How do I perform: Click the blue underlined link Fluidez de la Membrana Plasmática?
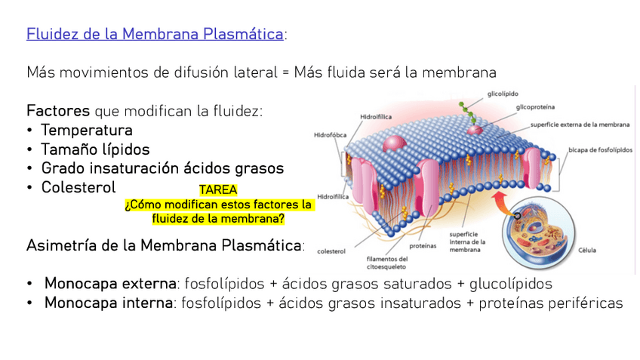click(x=155, y=34)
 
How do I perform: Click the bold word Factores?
click(x=58, y=111)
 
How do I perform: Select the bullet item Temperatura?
click(x=87, y=130)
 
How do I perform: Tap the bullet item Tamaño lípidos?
click(x=95, y=149)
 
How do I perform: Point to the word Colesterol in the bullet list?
click(x=78, y=186)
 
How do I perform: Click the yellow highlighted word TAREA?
click(x=218, y=190)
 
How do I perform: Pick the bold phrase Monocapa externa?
click(x=109, y=284)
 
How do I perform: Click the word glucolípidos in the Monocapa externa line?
click(x=510, y=284)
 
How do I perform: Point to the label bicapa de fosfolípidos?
click(x=600, y=149)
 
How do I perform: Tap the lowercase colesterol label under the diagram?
click(x=331, y=251)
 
